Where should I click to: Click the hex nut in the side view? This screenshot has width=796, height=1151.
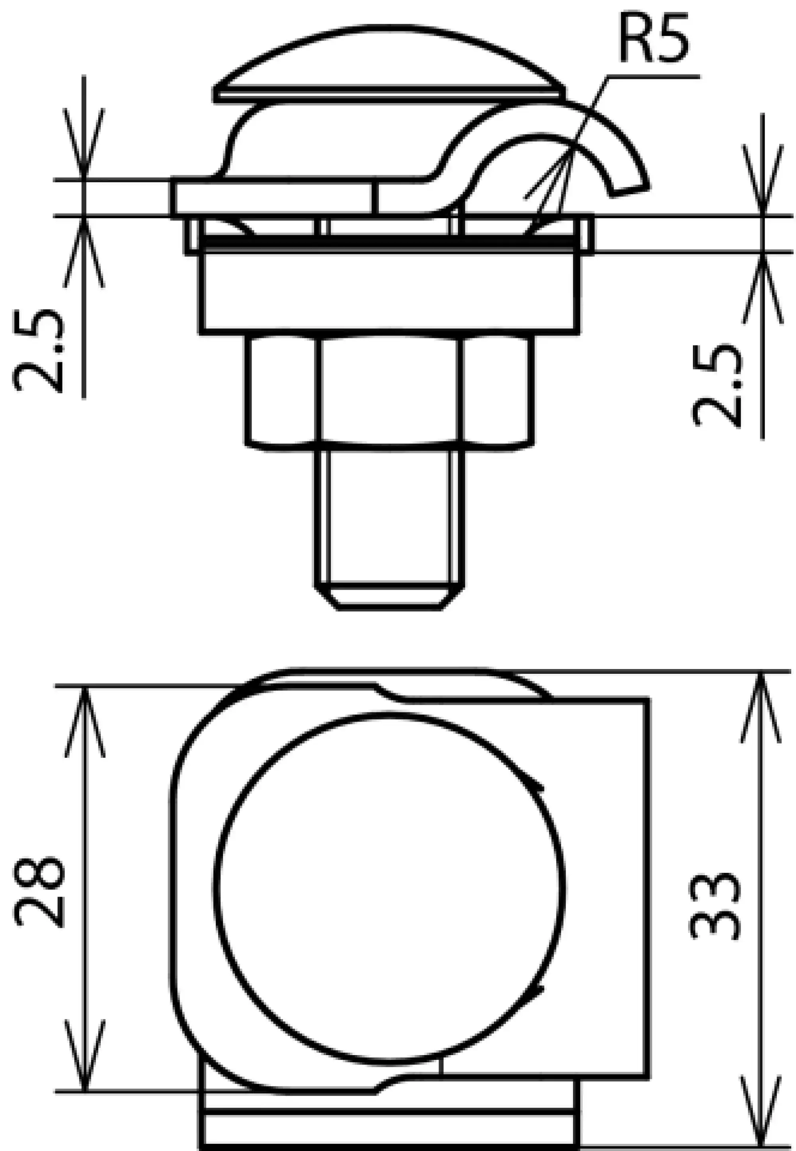(389, 389)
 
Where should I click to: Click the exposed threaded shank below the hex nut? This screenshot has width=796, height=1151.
(389, 514)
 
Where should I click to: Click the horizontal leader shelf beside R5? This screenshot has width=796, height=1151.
(654, 77)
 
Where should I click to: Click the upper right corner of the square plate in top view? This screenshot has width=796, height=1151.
(648, 702)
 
